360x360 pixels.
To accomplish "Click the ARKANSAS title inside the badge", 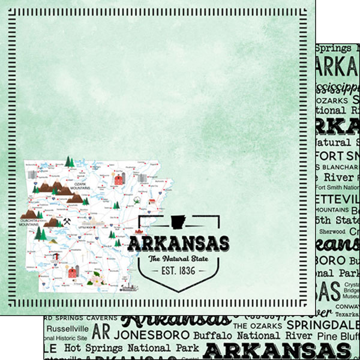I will pyautogui.click(x=178, y=244).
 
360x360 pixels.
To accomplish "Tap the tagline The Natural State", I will pyautogui.click(x=174, y=259).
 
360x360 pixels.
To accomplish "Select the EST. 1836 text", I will pyautogui.click(x=174, y=271).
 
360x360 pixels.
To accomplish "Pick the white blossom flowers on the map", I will pyautogui.click(x=95, y=279).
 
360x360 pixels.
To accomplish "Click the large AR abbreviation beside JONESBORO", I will pyautogui.click(x=102, y=332).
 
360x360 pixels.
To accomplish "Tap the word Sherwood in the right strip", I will pyautogui.click(x=332, y=231).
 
